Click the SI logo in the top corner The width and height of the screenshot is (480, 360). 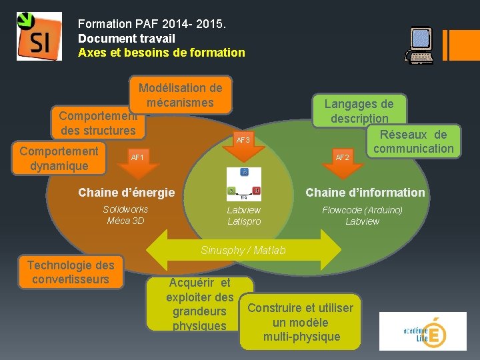click(x=39, y=37)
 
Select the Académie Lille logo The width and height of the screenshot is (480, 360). click(x=422, y=331)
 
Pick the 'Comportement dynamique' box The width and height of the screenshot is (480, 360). click(x=59, y=158)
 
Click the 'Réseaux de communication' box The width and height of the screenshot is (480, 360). click(x=413, y=141)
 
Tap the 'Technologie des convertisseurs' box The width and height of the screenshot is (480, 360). click(x=71, y=272)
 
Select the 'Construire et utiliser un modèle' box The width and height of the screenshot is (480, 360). click(x=300, y=321)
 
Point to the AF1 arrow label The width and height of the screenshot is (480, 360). click(x=138, y=158)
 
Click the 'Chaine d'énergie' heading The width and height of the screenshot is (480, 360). click(x=126, y=193)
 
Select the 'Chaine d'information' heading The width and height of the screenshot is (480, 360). click(x=365, y=193)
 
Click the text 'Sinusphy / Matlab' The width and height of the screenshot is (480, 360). click(x=243, y=250)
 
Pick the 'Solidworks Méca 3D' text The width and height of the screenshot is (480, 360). click(x=125, y=215)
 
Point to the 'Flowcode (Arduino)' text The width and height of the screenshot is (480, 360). click(x=362, y=210)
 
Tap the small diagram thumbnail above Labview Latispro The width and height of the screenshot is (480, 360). click(x=243, y=184)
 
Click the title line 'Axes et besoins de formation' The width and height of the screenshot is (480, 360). click(x=161, y=52)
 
